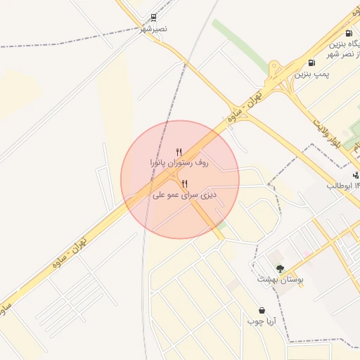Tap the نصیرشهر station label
click(153, 29)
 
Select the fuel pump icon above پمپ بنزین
click(311, 63)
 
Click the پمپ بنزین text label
click(311, 73)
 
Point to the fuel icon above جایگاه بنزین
click(349, 33)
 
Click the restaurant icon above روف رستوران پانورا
click(179, 151)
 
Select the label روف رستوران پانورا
click(179, 162)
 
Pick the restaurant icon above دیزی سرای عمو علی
click(184, 184)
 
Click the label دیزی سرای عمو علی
click(184, 195)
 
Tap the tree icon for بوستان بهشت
click(280, 269)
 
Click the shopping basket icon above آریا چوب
click(262, 310)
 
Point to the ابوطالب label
click(343, 186)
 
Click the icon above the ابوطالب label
click(356, 175)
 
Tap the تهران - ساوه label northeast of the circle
click(243, 105)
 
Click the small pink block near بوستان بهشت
click(307, 253)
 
